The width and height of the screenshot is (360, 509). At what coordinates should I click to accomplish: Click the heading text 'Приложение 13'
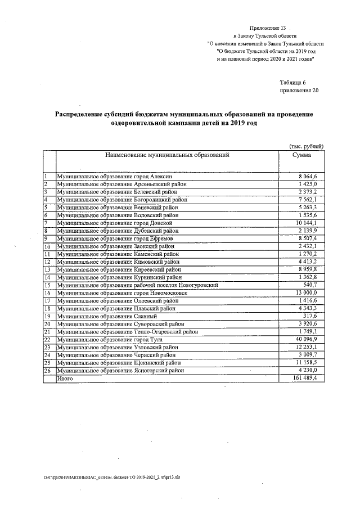271,27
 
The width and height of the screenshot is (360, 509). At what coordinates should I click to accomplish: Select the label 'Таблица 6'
293,82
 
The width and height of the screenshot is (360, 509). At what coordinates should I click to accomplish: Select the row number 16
48,293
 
